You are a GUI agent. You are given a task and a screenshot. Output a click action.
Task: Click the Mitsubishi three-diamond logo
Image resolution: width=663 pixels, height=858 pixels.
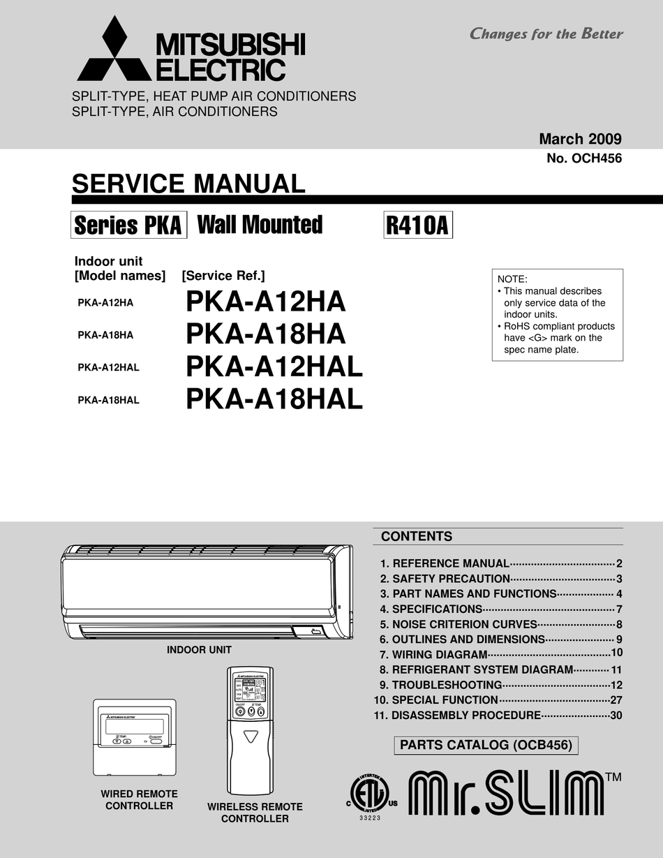pos(114,50)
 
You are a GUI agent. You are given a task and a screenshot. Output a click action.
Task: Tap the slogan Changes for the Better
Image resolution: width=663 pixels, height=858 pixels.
pos(546,34)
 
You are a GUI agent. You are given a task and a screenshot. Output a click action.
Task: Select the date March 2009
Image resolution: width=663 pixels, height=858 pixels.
pos(580,139)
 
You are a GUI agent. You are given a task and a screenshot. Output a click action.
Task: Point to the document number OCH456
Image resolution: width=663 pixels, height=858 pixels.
pos(584,158)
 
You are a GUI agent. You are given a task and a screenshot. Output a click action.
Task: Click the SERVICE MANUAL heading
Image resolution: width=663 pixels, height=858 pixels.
pos(188,184)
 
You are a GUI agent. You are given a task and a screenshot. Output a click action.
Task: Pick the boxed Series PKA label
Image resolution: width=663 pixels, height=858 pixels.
pos(128,225)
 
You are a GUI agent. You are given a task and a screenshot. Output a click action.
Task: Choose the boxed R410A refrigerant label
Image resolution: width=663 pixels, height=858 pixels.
pos(417,225)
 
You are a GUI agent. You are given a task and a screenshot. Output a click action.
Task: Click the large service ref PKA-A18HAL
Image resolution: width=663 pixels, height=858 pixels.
pos(274,399)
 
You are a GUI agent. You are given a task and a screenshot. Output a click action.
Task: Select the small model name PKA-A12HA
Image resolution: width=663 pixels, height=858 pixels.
pos(105,303)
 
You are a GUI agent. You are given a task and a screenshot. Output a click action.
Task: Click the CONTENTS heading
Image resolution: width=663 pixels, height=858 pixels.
pos(416,536)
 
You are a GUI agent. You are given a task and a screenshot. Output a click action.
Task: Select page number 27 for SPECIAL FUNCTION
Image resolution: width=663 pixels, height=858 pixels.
pos(616,700)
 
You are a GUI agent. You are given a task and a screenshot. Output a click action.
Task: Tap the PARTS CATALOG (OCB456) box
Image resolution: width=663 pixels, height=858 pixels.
pos(486,745)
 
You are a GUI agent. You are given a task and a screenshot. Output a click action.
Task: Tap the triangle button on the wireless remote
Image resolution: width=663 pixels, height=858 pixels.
pos(251,736)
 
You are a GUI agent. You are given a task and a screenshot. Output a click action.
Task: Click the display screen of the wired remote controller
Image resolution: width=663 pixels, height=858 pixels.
pos(135,726)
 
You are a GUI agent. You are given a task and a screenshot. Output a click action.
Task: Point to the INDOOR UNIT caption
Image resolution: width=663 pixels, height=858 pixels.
pos(199,650)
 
